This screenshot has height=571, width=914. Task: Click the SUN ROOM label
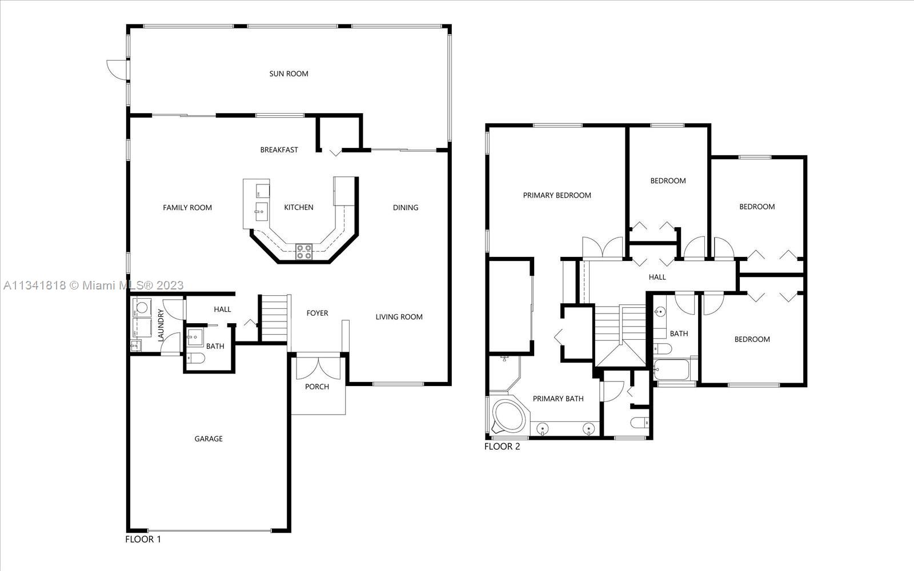coord(288,74)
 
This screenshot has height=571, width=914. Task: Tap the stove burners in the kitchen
coord(303,252)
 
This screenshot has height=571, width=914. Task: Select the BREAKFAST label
coord(279,150)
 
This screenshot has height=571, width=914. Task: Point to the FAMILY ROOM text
coord(187,208)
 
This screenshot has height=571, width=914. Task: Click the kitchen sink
coord(262,212)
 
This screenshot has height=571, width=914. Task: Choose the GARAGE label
coord(209,439)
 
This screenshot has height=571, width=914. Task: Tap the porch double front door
coord(318,368)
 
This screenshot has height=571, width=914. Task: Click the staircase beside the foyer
coord(274,318)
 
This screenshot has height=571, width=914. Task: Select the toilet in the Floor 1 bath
coord(197,358)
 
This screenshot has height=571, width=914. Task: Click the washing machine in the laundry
coord(141,308)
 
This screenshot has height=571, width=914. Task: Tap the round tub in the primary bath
coord(509,416)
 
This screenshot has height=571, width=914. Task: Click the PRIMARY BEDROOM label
coord(557,195)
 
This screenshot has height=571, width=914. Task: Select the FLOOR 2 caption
coord(502,447)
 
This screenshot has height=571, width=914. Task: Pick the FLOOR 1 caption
coord(143,539)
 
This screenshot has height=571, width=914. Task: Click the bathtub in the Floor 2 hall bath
coord(671,369)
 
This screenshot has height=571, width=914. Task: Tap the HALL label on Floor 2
coord(658,278)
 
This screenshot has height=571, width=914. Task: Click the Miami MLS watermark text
coord(94,285)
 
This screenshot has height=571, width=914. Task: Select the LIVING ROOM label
coord(399,317)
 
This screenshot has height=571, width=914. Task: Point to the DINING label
coord(406,208)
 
